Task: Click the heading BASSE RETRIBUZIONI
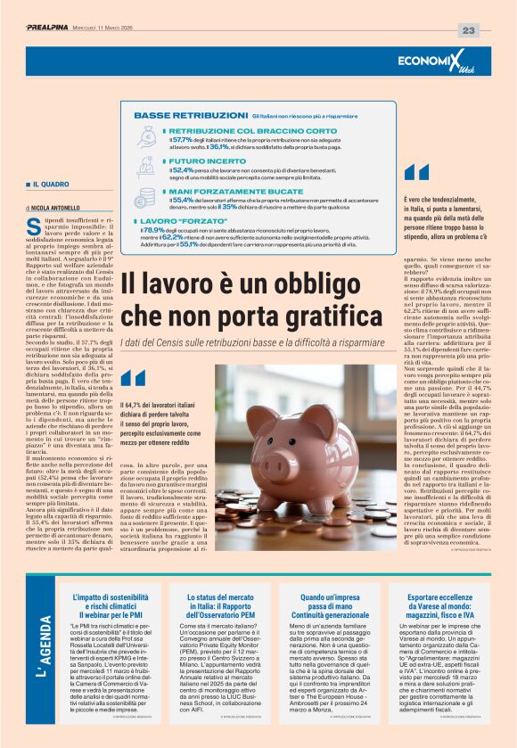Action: (191, 116)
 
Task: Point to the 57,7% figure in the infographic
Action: (182, 139)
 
